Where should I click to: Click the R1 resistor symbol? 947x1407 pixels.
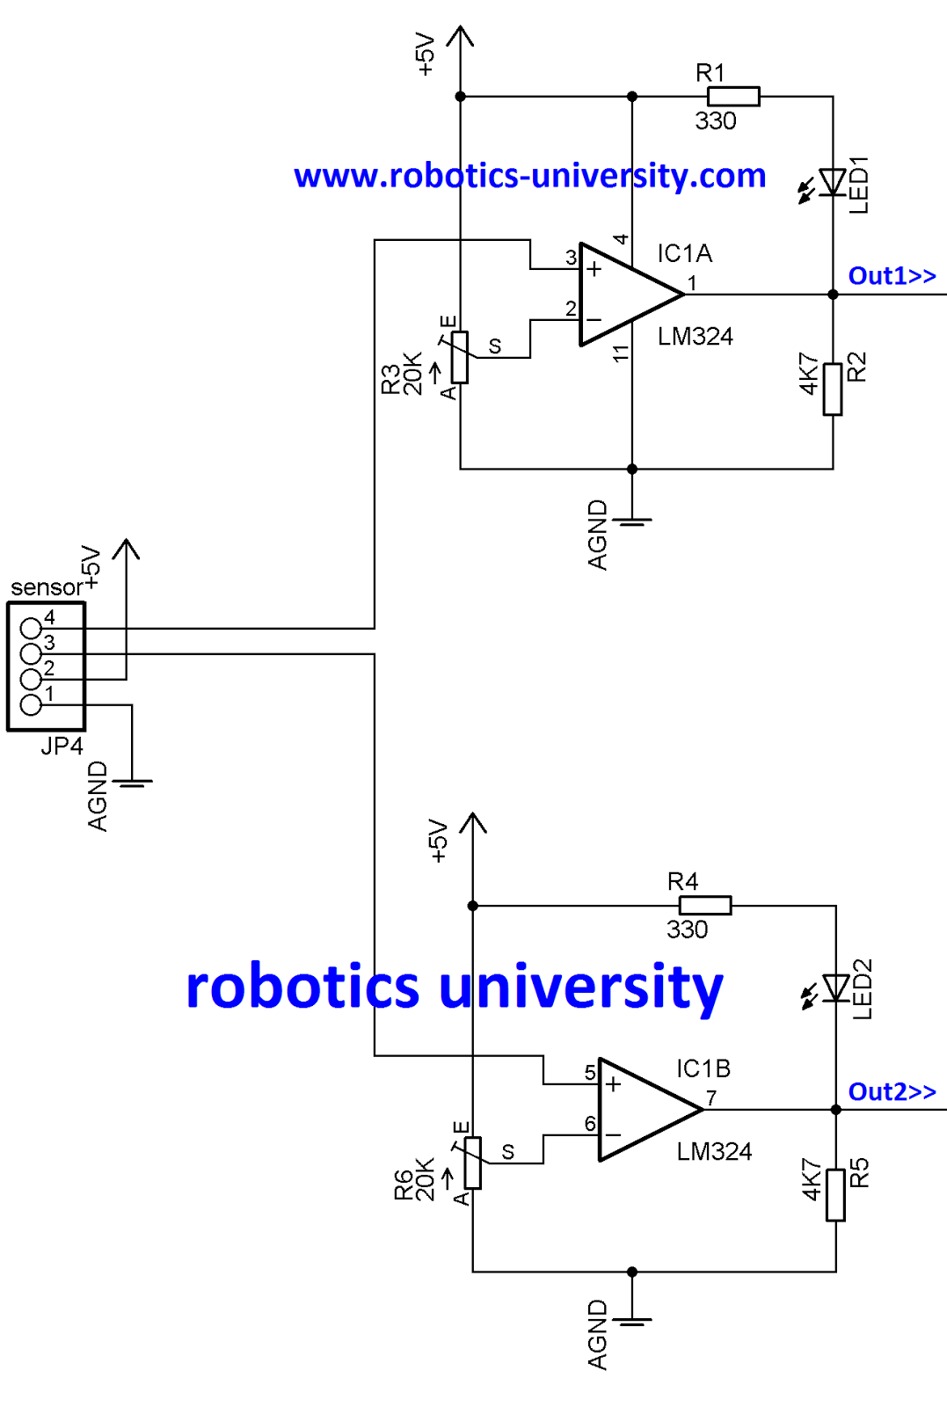click(733, 97)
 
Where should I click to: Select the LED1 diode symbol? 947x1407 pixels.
click(832, 183)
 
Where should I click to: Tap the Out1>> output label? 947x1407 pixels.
click(892, 276)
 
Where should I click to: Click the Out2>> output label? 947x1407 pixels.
click(892, 1092)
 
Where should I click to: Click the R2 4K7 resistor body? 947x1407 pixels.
click(833, 389)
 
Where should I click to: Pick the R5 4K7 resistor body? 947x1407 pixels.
click(835, 1195)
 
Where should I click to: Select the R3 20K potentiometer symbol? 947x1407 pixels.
click(460, 358)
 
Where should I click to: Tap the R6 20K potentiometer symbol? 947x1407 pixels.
click(473, 1163)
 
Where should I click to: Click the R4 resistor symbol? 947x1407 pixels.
click(705, 906)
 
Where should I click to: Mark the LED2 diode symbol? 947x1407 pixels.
click(835, 988)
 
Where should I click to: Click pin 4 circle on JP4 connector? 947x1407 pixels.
click(31, 628)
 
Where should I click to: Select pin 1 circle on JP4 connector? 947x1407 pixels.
click(31, 704)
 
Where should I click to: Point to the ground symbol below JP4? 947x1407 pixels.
click(132, 781)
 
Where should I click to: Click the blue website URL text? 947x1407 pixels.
click(529, 176)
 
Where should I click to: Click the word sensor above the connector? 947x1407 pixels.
click(46, 587)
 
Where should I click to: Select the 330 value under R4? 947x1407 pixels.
click(687, 929)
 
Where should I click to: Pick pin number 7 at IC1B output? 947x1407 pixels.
click(711, 1098)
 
